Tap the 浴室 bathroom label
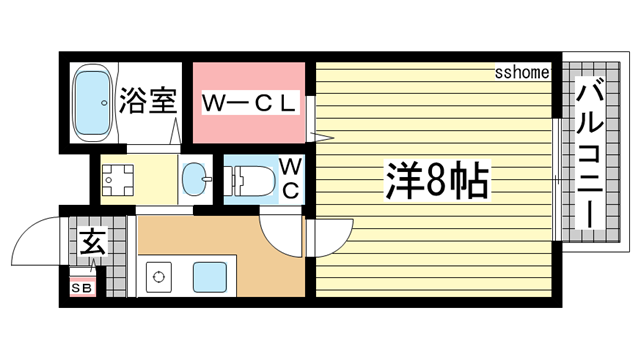click(x=149, y=100)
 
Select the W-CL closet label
click(x=249, y=102)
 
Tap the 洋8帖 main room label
click(x=437, y=180)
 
